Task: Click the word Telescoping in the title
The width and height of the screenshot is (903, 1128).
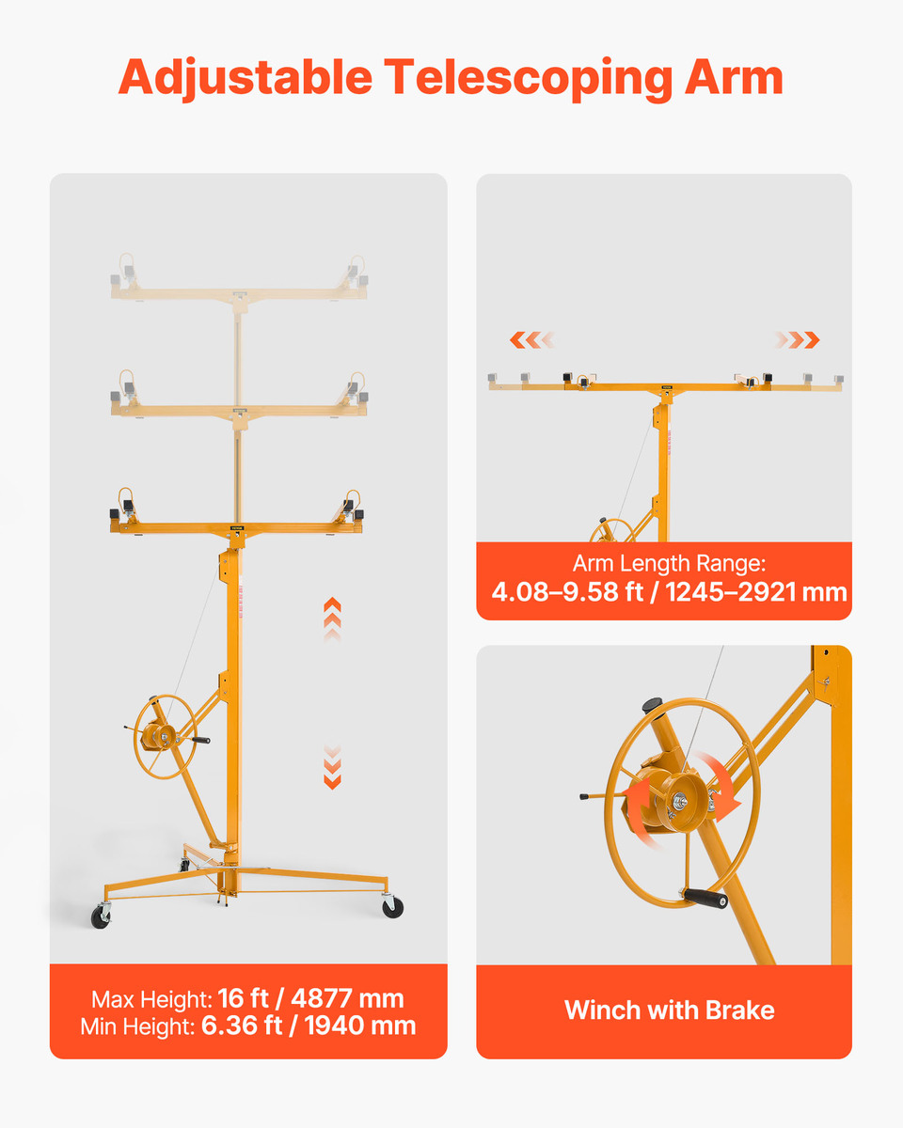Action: (x=529, y=78)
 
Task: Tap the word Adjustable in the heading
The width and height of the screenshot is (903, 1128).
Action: (x=246, y=78)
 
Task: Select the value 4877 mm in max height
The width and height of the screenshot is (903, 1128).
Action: (x=347, y=998)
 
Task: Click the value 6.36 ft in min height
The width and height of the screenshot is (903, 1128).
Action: (x=242, y=1026)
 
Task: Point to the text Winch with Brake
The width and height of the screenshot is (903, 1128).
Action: (x=669, y=1010)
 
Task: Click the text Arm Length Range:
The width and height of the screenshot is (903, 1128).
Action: (x=669, y=563)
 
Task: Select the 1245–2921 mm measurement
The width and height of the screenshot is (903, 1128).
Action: (x=756, y=592)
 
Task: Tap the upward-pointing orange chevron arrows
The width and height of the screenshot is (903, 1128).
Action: (x=332, y=619)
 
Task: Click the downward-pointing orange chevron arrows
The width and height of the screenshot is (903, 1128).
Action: (x=332, y=766)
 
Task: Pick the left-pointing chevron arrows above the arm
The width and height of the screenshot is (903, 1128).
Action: (x=531, y=339)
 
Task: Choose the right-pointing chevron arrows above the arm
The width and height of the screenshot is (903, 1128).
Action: (x=797, y=339)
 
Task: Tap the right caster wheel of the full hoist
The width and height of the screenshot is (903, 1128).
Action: (x=392, y=907)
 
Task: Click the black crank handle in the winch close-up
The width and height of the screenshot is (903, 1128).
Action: (x=705, y=899)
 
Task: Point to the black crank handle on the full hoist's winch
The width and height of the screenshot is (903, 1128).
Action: (x=201, y=740)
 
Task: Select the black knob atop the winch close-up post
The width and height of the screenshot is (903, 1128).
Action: (x=652, y=705)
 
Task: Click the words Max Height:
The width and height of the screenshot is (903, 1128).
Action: (x=151, y=999)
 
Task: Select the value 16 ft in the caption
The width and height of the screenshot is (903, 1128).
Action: (x=243, y=998)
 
